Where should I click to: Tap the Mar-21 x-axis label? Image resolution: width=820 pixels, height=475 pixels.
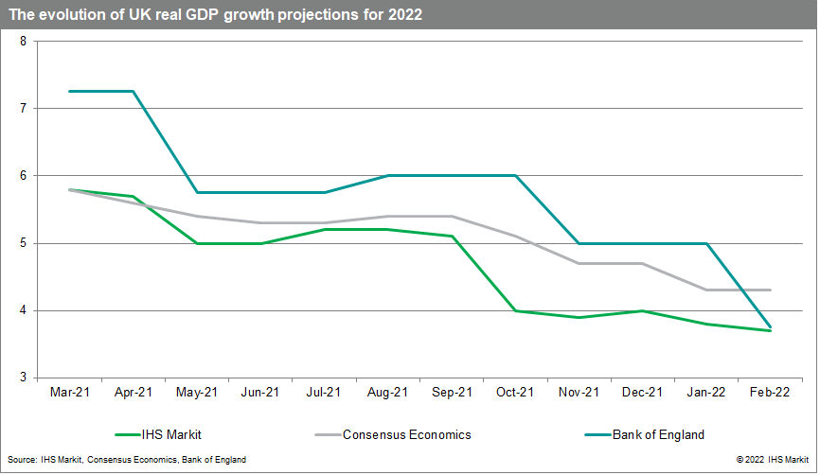(x=69, y=392)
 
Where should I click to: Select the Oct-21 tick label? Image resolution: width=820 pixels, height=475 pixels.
(x=515, y=392)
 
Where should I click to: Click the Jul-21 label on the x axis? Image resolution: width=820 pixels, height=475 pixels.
(x=324, y=392)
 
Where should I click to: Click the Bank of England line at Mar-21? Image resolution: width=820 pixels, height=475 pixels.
(x=69, y=91)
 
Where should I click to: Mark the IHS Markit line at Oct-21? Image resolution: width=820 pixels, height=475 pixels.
(x=515, y=310)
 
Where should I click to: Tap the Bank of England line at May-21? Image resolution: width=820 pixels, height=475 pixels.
(x=197, y=192)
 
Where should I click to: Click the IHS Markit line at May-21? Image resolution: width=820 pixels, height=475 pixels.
(x=197, y=243)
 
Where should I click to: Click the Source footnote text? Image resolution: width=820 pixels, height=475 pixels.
(x=126, y=460)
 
